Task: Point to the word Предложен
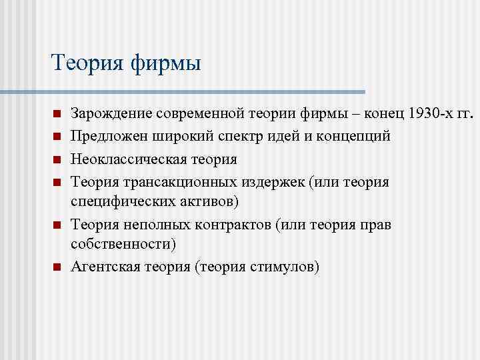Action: click(x=109, y=137)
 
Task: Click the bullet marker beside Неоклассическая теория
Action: click(x=57, y=160)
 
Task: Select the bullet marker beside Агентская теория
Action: click(x=57, y=267)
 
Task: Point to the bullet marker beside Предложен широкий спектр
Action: click(x=57, y=137)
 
